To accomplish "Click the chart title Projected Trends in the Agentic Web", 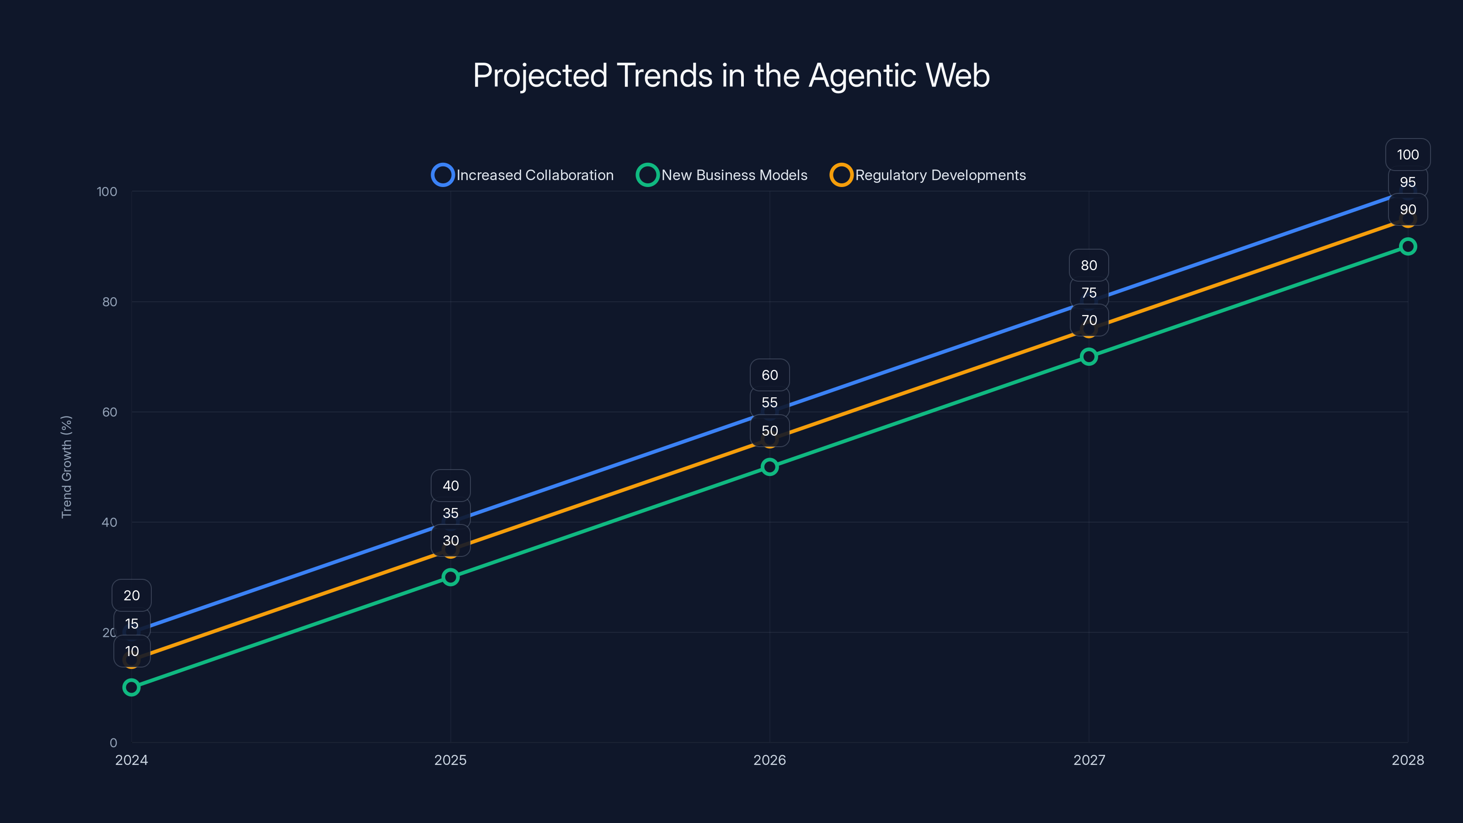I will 731,75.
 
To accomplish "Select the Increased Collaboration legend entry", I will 523,175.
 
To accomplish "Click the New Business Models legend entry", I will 722,175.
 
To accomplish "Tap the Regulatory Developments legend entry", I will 928,175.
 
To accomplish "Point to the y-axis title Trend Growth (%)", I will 66,466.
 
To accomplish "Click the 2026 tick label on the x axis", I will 769,760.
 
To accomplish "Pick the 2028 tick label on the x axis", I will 1407,760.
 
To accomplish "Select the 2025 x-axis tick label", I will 450,760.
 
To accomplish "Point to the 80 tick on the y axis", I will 110,302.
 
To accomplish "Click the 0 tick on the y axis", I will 113,743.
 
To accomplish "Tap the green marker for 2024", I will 131,687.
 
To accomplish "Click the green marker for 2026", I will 769,467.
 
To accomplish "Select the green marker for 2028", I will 1407,246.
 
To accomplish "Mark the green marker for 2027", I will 1089,357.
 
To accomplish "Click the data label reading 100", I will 1407,155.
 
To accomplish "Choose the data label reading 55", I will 769,403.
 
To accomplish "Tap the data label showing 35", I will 450,513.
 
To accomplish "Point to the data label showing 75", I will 1089,293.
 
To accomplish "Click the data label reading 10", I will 132,652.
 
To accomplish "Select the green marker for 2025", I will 450,577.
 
